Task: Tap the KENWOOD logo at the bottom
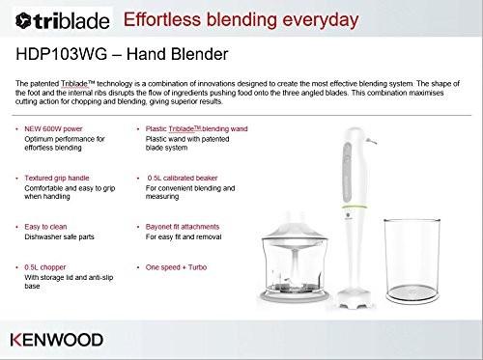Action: (58, 341)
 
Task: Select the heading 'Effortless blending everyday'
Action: (237, 18)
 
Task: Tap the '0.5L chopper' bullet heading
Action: (49, 266)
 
